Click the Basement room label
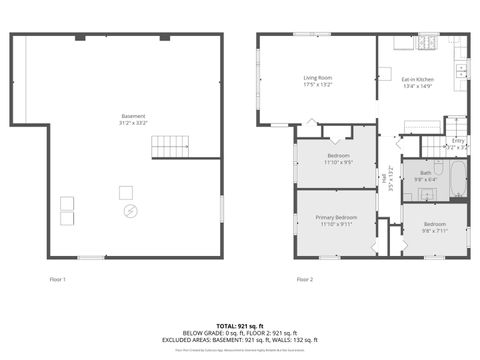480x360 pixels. [x=133, y=116]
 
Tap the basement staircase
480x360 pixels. [x=169, y=148]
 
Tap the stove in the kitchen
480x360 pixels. [x=428, y=43]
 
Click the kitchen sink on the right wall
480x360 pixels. [x=462, y=70]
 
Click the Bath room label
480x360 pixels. [x=426, y=173]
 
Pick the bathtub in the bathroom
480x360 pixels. [x=455, y=183]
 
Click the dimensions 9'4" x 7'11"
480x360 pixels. [x=434, y=230]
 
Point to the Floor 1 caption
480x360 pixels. [x=57, y=279]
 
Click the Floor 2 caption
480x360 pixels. [x=304, y=279]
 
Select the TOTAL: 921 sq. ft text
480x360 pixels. [x=240, y=326]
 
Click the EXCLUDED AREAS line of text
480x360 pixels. [x=240, y=339]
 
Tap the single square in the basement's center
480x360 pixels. [x=126, y=191]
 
